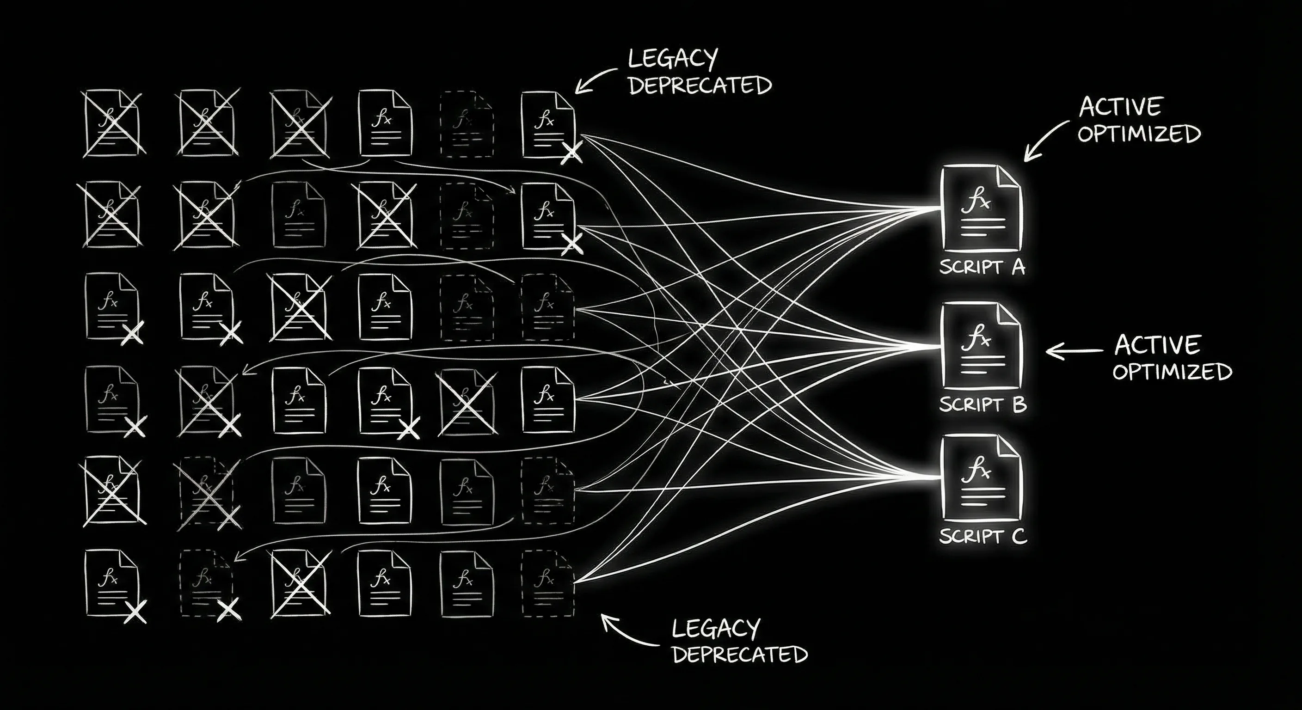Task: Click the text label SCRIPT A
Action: pyautogui.click(x=982, y=267)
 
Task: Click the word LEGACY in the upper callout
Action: pyautogui.click(x=673, y=59)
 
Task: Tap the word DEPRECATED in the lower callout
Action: pyautogui.click(x=740, y=655)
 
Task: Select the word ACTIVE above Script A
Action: pyautogui.click(x=1120, y=107)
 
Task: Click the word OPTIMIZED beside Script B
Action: pyautogui.click(x=1172, y=372)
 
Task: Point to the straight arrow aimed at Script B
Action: pyautogui.click(x=1074, y=351)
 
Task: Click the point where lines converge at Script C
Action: pyautogui.click(x=935, y=477)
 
